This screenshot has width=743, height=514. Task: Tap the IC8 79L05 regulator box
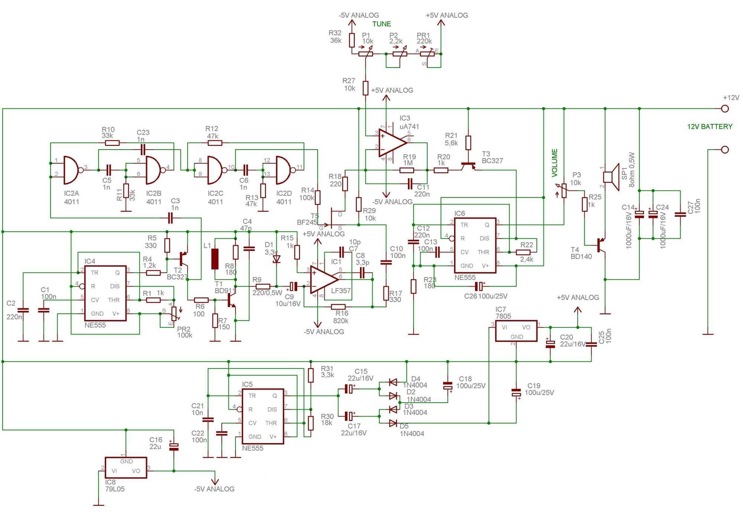[126, 468]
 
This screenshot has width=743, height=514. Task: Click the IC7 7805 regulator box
[516, 331]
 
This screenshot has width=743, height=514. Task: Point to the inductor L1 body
[215, 259]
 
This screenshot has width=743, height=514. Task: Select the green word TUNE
[382, 24]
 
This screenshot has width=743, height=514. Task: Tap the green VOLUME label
[555, 163]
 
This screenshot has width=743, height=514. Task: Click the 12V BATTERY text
[710, 127]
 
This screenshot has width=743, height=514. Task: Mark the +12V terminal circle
[724, 109]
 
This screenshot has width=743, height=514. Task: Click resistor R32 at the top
[352, 40]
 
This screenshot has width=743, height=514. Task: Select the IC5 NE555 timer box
[263, 416]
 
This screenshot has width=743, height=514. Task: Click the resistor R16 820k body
[338, 307]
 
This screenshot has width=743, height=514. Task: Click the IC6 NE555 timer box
[474, 245]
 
